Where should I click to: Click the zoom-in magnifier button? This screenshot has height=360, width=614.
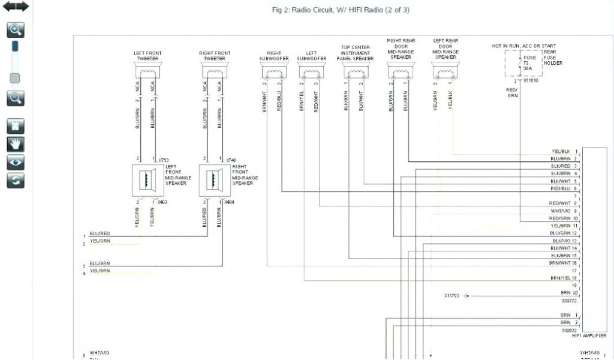pyautogui.click(x=16, y=29)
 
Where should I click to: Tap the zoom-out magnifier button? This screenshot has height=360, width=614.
pyautogui.click(x=16, y=98)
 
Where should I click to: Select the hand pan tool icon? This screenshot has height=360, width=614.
pyautogui.click(x=16, y=143)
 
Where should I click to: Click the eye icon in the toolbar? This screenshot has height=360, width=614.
pyautogui.click(x=16, y=161)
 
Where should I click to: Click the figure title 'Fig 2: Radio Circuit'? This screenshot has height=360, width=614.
pyautogui.click(x=341, y=10)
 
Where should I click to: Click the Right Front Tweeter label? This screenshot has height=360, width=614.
pyautogui.click(x=215, y=56)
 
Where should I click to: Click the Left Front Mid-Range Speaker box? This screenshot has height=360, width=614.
pyautogui.click(x=146, y=179)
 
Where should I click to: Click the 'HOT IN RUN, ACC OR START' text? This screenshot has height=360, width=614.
pyautogui.click(x=523, y=46)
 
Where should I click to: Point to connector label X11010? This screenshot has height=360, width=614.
pyautogui.click(x=531, y=80)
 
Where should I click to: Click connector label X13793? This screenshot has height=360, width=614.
pyautogui.click(x=452, y=296)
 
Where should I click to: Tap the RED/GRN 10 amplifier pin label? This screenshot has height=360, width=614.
pyautogui.click(x=564, y=218)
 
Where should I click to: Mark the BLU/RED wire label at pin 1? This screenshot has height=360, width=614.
pyautogui.click(x=100, y=233)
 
